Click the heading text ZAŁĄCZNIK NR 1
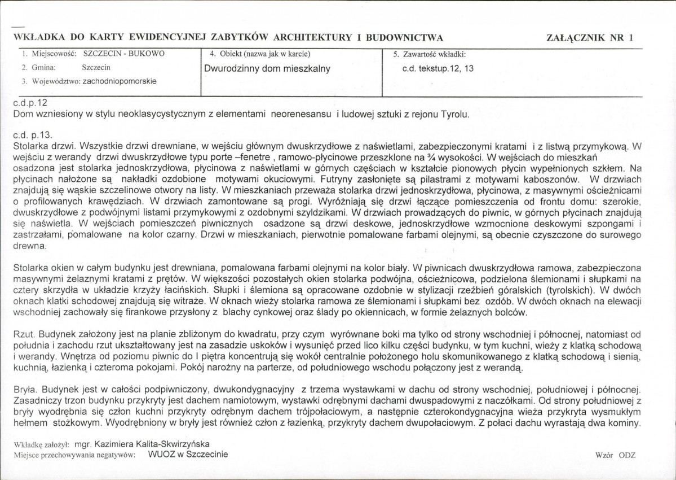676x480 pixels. pyautogui.click(x=590, y=38)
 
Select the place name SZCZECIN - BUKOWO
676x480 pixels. pyautogui.click(x=123, y=55)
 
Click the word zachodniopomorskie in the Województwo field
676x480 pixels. pyautogui.click(x=120, y=81)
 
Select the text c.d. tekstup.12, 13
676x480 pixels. pyautogui.click(x=438, y=68)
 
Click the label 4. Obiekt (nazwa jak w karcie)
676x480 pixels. pyautogui.click(x=260, y=55)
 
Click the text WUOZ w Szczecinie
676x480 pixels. pyautogui.click(x=188, y=454)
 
